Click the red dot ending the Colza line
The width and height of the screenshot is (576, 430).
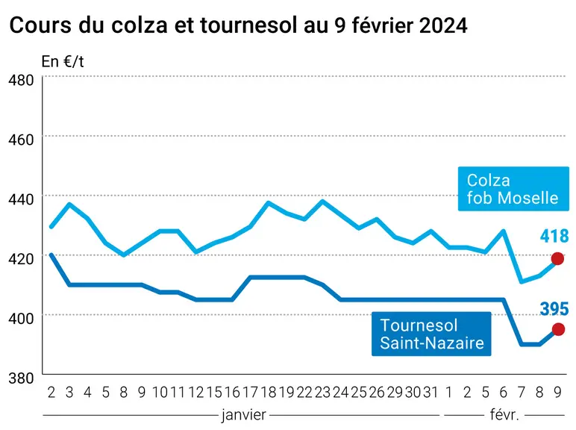(x=557, y=259)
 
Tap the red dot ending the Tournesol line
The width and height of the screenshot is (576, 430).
(x=558, y=329)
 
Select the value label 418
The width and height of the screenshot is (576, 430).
(x=554, y=236)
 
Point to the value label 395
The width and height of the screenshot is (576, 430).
(x=554, y=309)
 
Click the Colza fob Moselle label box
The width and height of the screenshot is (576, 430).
(x=513, y=189)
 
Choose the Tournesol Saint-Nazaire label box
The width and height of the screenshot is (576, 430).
(x=431, y=334)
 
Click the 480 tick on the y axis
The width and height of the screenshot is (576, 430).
(x=21, y=80)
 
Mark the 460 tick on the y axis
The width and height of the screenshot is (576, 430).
(x=21, y=140)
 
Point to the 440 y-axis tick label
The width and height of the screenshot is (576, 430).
(x=21, y=199)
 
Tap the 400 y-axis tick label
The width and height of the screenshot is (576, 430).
(x=21, y=318)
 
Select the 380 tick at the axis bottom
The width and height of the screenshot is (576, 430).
(x=21, y=378)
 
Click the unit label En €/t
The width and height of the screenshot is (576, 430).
(x=63, y=62)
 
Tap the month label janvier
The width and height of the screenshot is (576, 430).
(x=244, y=415)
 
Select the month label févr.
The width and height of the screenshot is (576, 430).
(x=504, y=414)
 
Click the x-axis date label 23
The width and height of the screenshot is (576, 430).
(x=322, y=393)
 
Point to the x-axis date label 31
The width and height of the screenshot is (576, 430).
(x=431, y=393)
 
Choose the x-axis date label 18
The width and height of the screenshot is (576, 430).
(x=268, y=393)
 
